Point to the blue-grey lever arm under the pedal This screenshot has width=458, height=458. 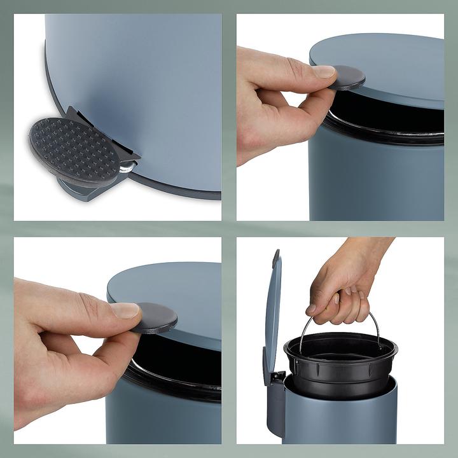click(89, 190)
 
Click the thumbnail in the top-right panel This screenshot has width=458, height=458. click(324, 71)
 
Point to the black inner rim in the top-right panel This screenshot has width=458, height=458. click(388, 130)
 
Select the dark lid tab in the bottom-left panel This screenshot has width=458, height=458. click(155, 317)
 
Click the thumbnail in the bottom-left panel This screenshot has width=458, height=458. click(125, 310)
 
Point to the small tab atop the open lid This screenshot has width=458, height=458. click(275, 258)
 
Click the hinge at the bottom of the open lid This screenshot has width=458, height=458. click(277, 378)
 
